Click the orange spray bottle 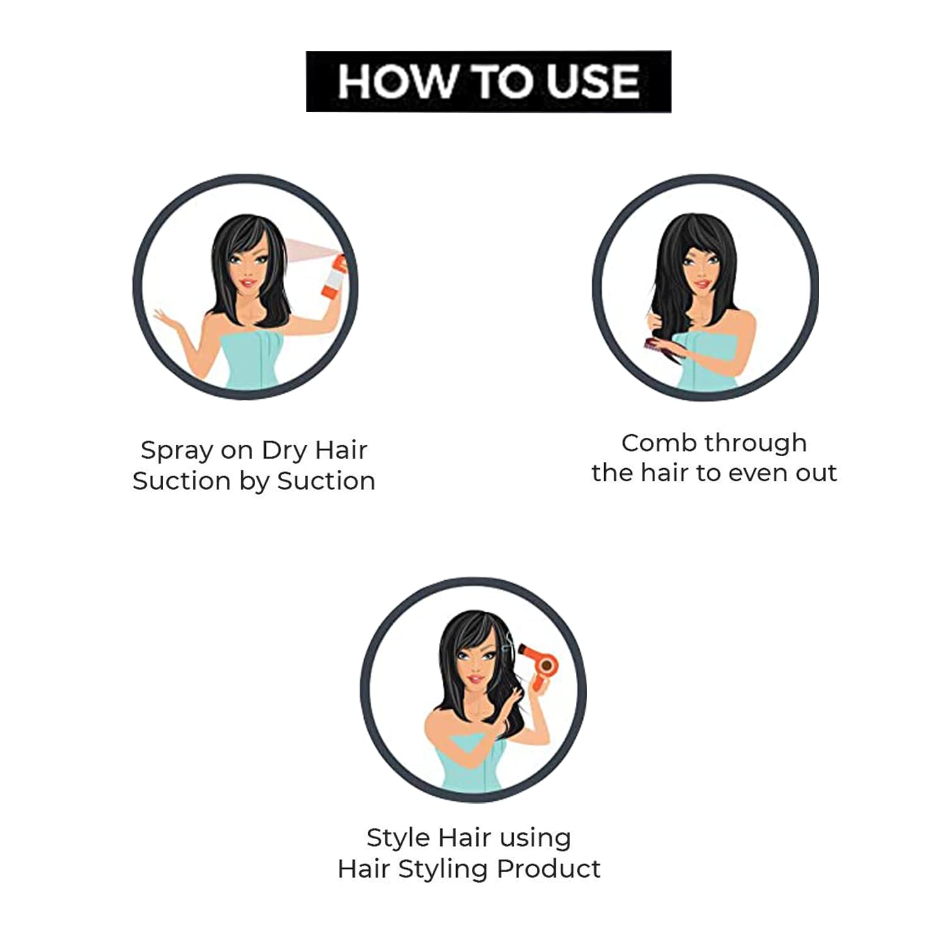(x=334, y=277)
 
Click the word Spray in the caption (x=177, y=451)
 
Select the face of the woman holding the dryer (x=476, y=665)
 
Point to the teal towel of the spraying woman (x=252, y=359)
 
